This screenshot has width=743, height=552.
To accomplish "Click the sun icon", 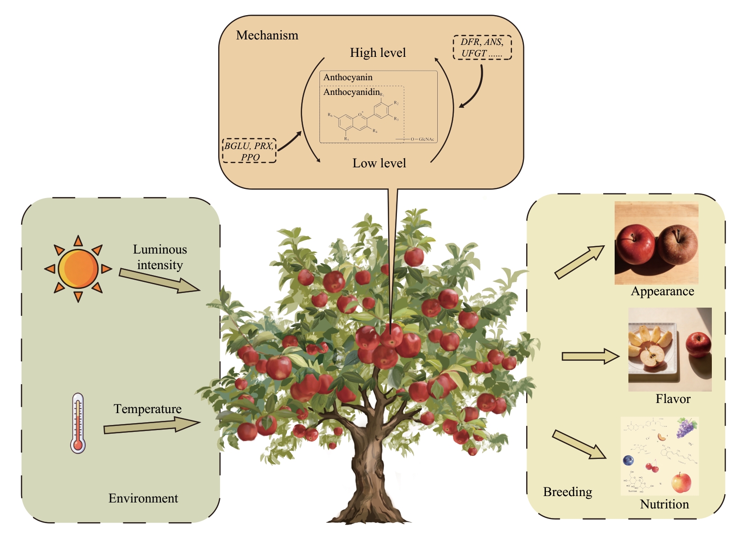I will [x=78, y=269].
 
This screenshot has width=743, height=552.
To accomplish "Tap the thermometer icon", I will [x=78, y=423].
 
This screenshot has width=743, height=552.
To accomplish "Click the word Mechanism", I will [x=267, y=35].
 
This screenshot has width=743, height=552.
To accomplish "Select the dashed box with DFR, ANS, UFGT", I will [x=482, y=48].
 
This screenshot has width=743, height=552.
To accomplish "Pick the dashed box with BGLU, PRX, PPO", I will [x=249, y=151].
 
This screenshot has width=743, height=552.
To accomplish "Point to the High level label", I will [x=378, y=53].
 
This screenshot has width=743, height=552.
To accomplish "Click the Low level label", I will [x=379, y=163].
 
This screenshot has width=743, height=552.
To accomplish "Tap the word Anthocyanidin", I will [x=352, y=92].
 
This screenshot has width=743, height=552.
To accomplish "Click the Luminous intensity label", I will [x=160, y=257].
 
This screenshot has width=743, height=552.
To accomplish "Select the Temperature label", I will [x=148, y=408].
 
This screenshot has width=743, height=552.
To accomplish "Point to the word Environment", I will [x=143, y=498].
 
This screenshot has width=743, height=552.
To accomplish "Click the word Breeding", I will [x=567, y=492].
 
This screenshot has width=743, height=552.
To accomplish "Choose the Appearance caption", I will [x=662, y=292].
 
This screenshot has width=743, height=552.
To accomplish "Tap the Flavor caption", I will [x=673, y=399].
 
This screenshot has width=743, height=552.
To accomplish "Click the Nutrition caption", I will [x=664, y=504].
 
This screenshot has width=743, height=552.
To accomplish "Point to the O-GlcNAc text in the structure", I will [x=422, y=139].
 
